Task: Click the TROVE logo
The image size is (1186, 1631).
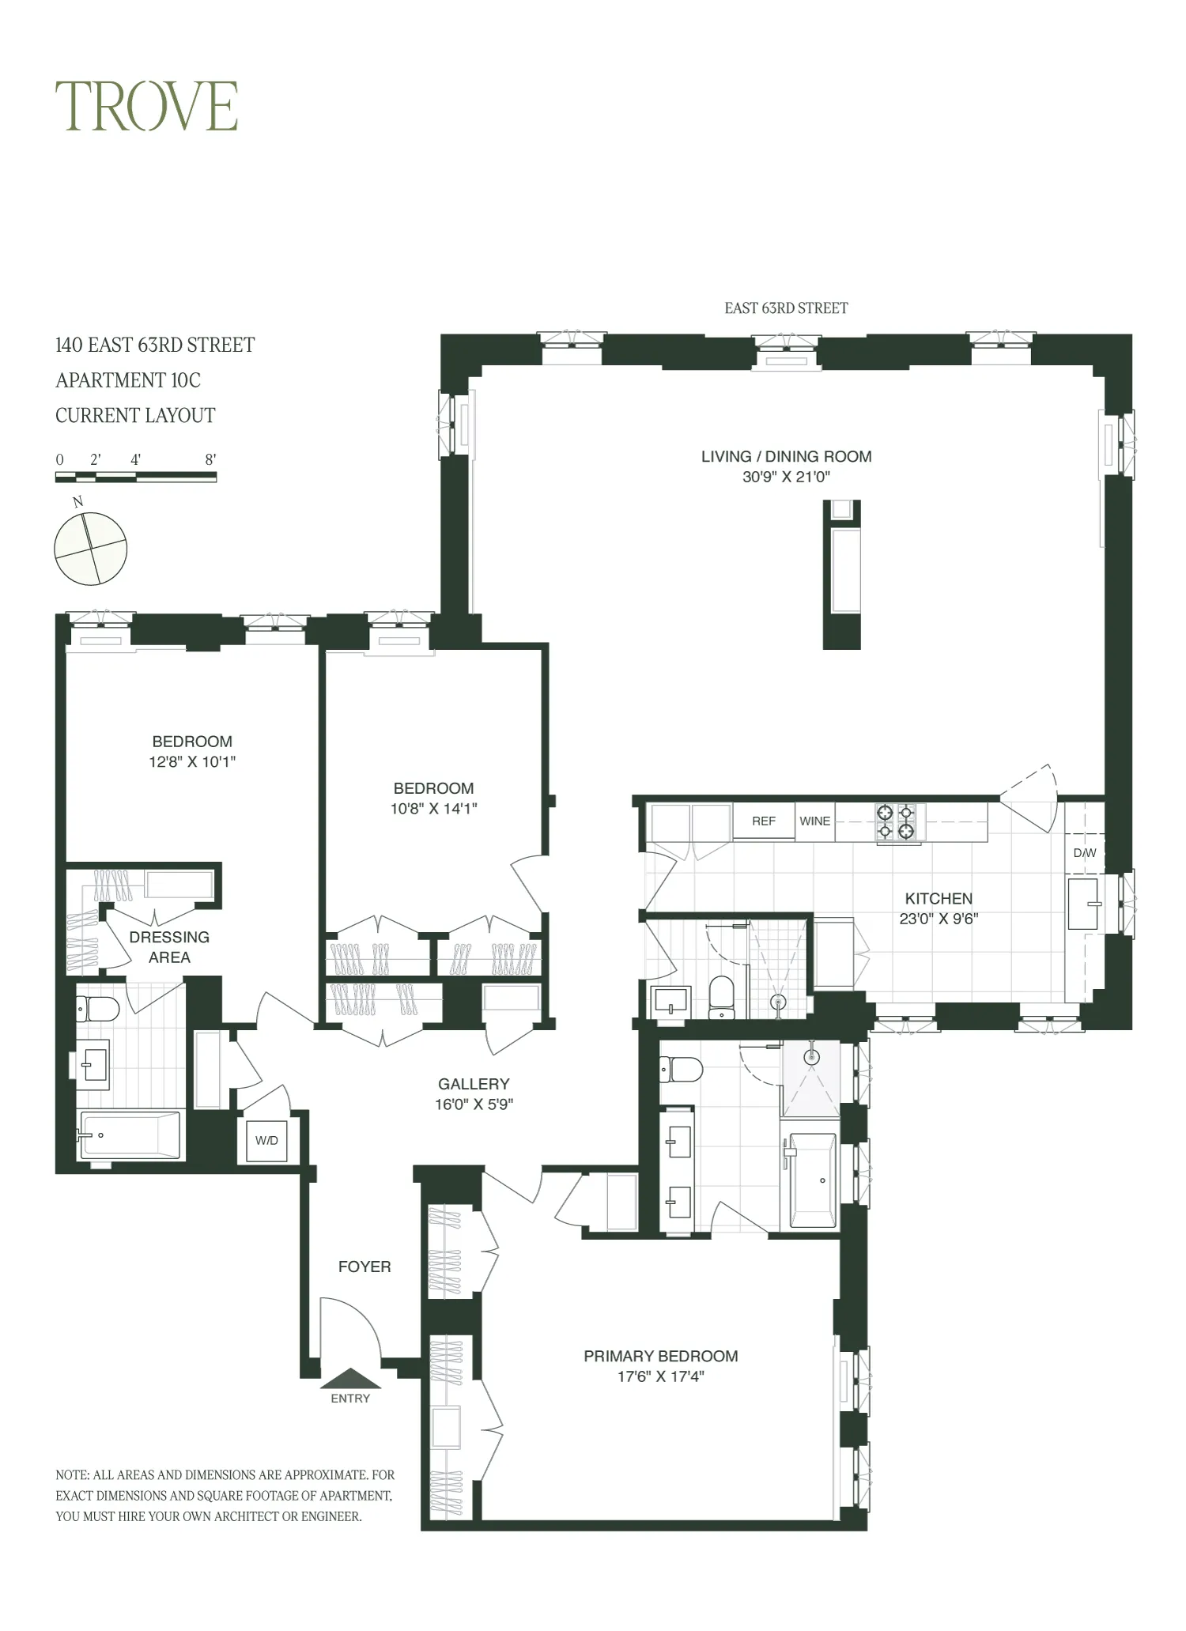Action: click(x=146, y=107)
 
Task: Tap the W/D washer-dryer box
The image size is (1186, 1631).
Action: click(x=266, y=1141)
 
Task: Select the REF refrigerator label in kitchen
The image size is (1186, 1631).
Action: click(x=763, y=821)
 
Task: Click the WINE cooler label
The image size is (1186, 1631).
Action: click(x=814, y=821)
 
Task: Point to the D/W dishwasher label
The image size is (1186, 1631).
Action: click(x=1085, y=853)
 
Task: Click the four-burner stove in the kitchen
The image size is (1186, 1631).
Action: click(x=896, y=821)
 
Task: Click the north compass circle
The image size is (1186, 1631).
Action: click(x=91, y=549)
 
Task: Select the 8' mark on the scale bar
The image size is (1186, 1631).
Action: click(x=210, y=460)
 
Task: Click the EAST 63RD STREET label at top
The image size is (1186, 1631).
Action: click(x=786, y=308)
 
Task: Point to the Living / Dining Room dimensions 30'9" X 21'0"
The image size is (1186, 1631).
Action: click(x=786, y=477)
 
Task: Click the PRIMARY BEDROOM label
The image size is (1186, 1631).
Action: click(x=660, y=1356)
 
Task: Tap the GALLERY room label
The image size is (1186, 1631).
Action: click(x=474, y=1084)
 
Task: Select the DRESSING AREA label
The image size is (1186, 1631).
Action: click(x=169, y=946)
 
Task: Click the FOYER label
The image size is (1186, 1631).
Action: click(x=364, y=1267)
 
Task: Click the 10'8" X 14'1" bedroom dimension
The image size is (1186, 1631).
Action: click(x=433, y=809)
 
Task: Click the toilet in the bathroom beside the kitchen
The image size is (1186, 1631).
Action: click(x=722, y=999)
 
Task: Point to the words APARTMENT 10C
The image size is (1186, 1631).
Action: click(x=128, y=380)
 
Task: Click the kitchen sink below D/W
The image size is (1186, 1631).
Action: click(x=1083, y=903)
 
